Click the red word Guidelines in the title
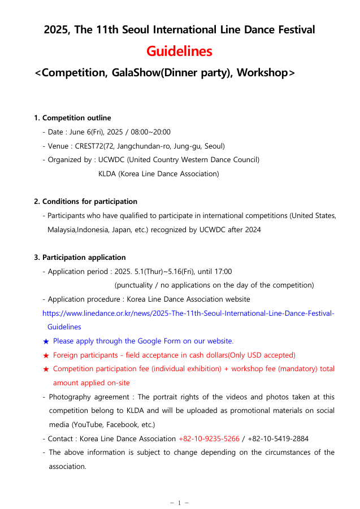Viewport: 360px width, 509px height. point(179,51)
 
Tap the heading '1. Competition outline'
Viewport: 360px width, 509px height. point(72,118)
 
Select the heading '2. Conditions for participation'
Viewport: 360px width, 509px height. point(85,201)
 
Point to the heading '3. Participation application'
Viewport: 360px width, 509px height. point(80,258)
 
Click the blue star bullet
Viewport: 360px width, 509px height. point(46,341)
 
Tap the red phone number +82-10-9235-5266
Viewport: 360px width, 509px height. point(209,438)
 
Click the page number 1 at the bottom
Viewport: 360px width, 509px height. point(179,503)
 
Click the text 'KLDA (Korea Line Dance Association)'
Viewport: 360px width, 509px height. point(158,173)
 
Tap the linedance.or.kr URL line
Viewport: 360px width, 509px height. point(188,313)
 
